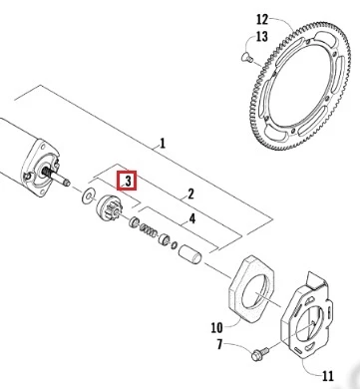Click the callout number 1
pyautogui.click(x=163, y=144)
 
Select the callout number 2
pyautogui.click(x=190, y=194)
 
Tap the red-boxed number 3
pyautogui.click(x=128, y=182)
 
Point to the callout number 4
pyautogui.click(x=192, y=219)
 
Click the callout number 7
pyautogui.click(x=219, y=344)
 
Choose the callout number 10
pyautogui.click(x=216, y=328)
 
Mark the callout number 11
pyautogui.click(x=327, y=376)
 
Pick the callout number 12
pyautogui.click(x=262, y=19)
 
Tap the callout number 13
pyautogui.click(x=262, y=36)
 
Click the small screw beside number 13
pyautogui.click(x=246, y=58)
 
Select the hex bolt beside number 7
pyautogui.click(x=260, y=354)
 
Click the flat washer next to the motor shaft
pyautogui.click(x=88, y=195)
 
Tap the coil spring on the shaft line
pyautogui.click(x=149, y=230)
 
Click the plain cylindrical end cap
pyautogui.click(x=189, y=254)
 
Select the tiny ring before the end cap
pyautogui.click(x=175, y=245)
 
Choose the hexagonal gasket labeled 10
pyautogui.click(x=251, y=288)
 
